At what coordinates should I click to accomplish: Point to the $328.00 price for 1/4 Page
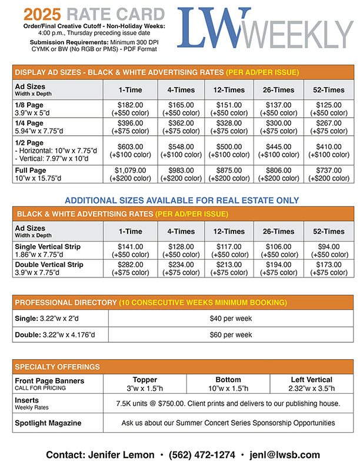229,123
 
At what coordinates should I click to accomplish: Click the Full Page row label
31,170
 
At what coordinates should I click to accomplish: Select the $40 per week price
231,319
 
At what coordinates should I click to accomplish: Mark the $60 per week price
231,334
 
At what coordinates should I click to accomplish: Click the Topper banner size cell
145,384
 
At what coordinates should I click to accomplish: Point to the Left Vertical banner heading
311,380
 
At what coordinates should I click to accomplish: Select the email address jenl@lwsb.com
293,454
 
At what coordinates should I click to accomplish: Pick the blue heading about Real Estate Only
182,200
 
